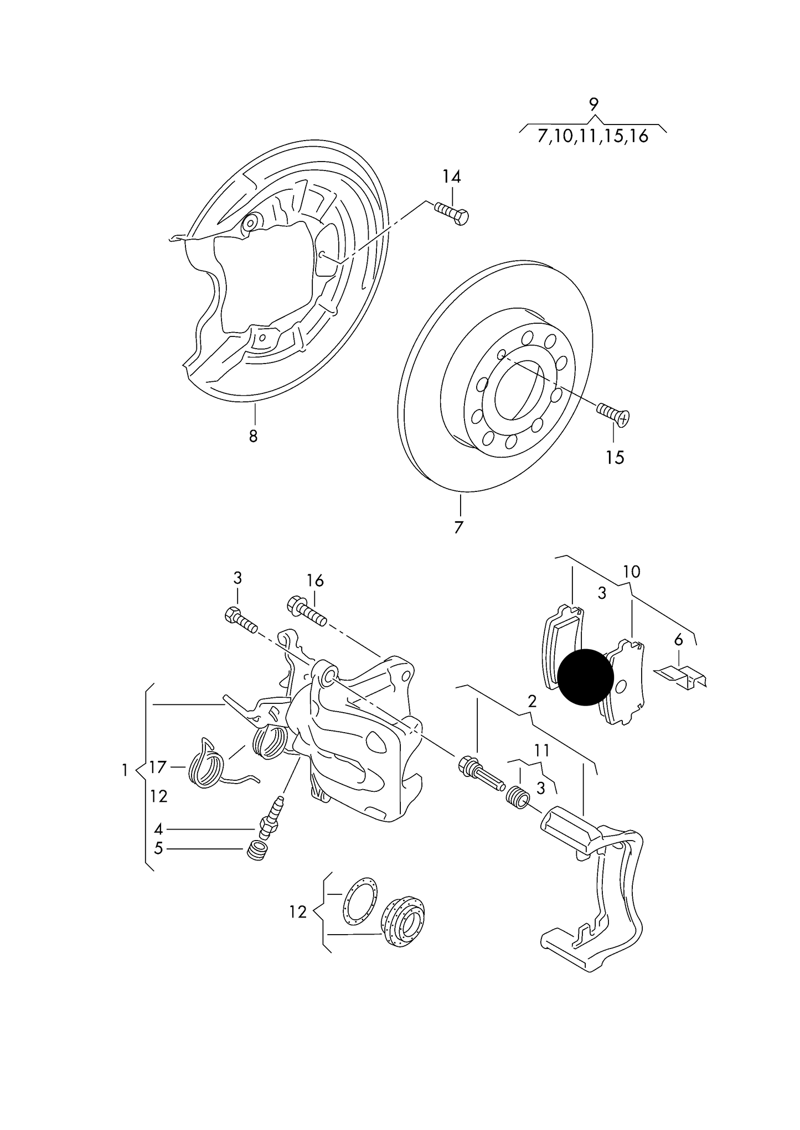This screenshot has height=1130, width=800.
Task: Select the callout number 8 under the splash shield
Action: tap(253, 436)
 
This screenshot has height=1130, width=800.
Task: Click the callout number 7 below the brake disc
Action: tap(458, 527)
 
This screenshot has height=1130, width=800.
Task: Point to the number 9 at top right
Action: tap(593, 103)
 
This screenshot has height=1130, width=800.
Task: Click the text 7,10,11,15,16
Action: tap(592, 136)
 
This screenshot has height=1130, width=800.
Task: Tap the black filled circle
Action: tap(585, 677)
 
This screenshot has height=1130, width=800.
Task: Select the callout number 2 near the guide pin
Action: tap(532, 702)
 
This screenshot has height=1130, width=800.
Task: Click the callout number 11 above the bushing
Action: tap(542, 750)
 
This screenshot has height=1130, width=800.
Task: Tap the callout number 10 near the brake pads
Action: tap(631, 571)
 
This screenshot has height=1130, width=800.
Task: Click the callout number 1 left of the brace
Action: tap(125, 770)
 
